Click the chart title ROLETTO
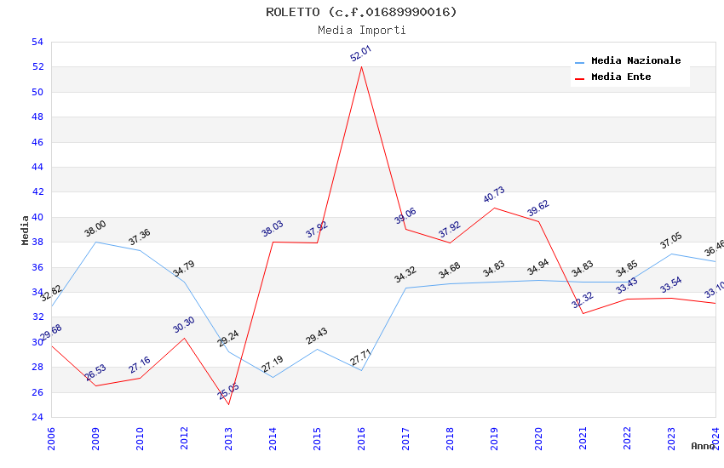[x=361, y=12]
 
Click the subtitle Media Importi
[x=361, y=30]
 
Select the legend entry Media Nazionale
[x=635, y=61]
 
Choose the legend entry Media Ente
[x=621, y=77]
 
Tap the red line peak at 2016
[x=361, y=66]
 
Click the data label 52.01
[x=361, y=53]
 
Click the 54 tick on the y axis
[x=37, y=42]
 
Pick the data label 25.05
[x=228, y=391]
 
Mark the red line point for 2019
[x=494, y=208]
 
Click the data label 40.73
[x=494, y=194]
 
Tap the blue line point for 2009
[x=95, y=242]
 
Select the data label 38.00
[x=95, y=228]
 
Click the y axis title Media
[x=26, y=230]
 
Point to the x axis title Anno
[x=703, y=446]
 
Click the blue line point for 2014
[x=273, y=377]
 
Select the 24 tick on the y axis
[x=37, y=417]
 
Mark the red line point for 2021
[x=583, y=313]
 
